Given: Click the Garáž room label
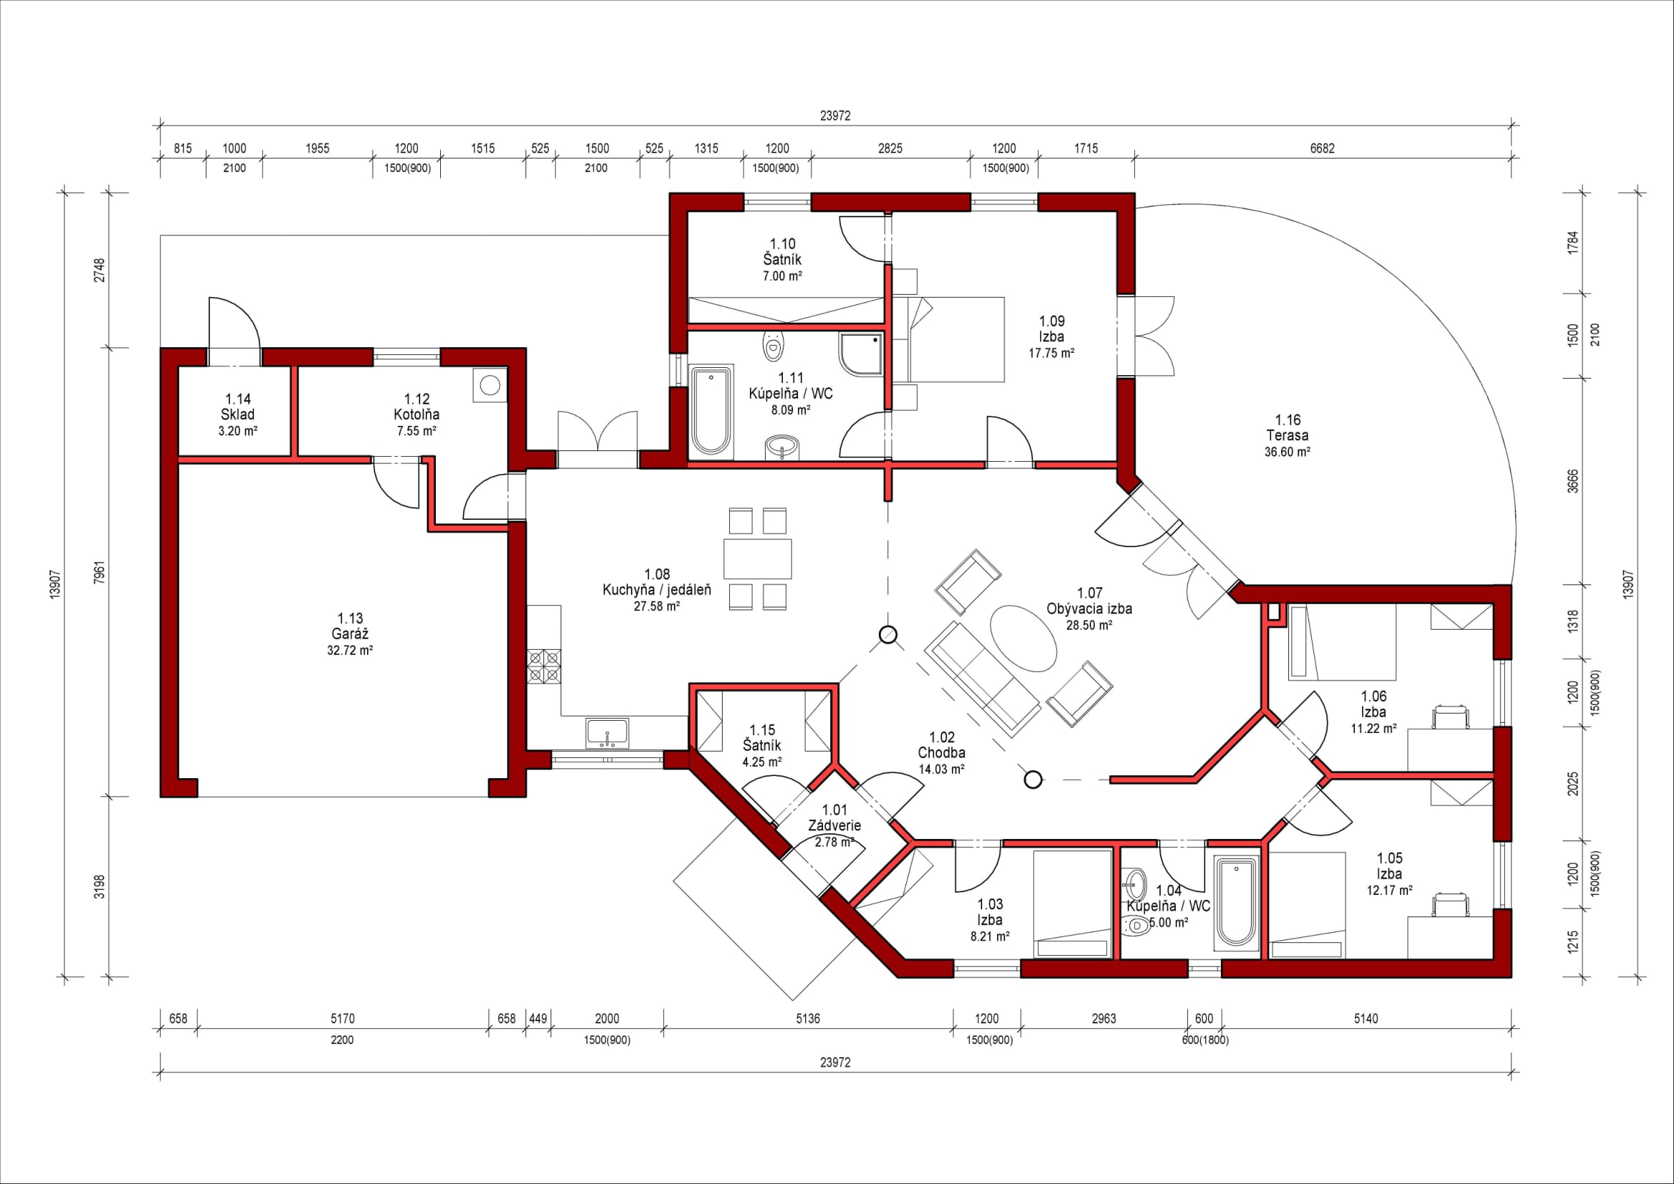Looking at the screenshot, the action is coord(350,634).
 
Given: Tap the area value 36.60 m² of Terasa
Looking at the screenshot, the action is coord(1288,452).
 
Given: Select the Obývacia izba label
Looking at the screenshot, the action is coord(1089,608).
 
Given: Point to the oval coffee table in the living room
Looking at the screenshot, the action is coord(1023,638).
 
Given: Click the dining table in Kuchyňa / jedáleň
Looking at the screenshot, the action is coord(758,559).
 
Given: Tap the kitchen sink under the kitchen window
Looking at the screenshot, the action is coord(607,732).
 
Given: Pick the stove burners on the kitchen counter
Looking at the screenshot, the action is coord(544,667).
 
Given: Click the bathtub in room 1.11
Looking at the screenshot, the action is coord(712,412).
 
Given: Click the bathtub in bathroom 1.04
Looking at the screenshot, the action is coord(1237,902).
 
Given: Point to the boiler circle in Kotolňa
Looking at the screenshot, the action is coord(490,384).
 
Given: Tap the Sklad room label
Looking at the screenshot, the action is coord(238,415).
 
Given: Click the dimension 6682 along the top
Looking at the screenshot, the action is coord(1322,148).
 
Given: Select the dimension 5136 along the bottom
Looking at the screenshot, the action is coord(808,1018).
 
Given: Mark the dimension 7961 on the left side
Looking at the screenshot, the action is coord(100,572).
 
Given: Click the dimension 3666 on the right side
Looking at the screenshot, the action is coord(1573,481).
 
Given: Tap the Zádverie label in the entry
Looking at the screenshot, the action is coord(834,826).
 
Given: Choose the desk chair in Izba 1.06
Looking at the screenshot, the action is coord(1450,716).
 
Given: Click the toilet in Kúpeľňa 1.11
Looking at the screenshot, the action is coord(773,346).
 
